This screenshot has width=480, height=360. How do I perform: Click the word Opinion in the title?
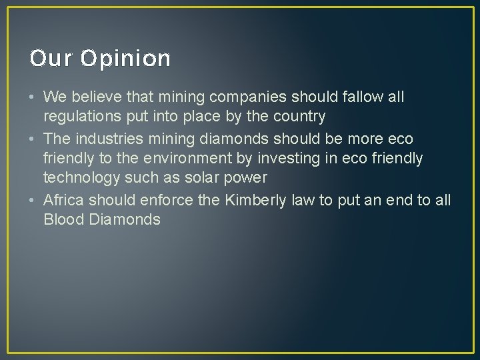[x=126, y=59]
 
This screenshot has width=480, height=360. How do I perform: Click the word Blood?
[x=62, y=219]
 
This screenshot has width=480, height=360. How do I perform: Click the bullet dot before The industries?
[x=33, y=139]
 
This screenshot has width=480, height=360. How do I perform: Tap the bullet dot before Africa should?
[x=33, y=200]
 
